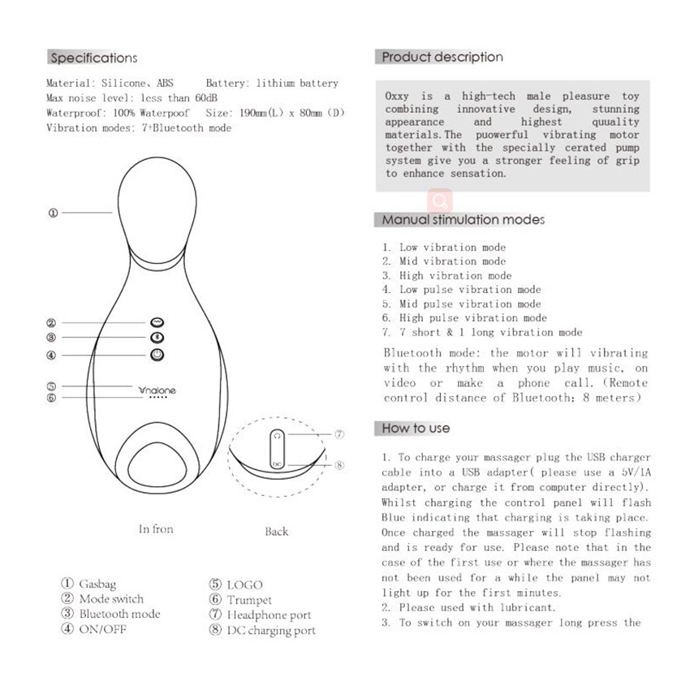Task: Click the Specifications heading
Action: pyautogui.click(x=93, y=58)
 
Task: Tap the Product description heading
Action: pyautogui.click(x=442, y=57)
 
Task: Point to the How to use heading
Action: pyautogui.click(x=415, y=428)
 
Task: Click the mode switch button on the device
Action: pyautogui.click(x=157, y=321)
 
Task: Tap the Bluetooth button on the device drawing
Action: pyautogui.click(x=157, y=338)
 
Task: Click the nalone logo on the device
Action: pyautogui.click(x=157, y=390)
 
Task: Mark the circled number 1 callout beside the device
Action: pyautogui.click(x=53, y=213)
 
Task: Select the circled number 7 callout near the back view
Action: pyautogui.click(x=339, y=435)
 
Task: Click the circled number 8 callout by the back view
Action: pyautogui.click(x=339, y=466)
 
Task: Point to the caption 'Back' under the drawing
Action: pyautogui.click(x=276, y=532)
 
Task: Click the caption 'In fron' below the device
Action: pyautogui.click(x=156, y=529)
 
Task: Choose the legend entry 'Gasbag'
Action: pyautogui.click(x=96, y=584)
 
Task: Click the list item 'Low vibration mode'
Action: pyautogui.click(x=451, y=248)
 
